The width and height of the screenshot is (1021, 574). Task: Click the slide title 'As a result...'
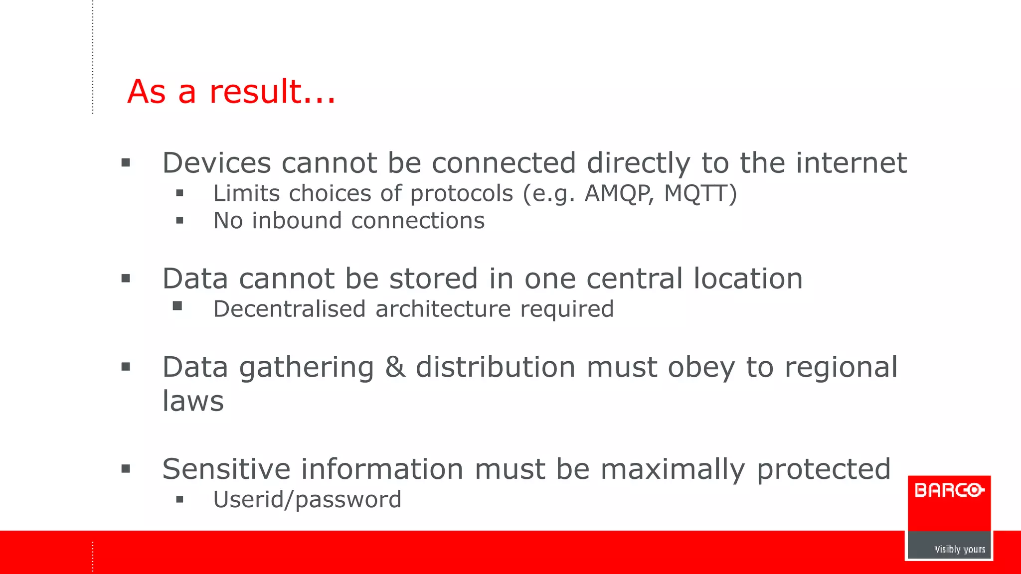(x=231, y=92)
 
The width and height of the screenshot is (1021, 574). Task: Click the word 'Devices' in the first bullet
(x=216, y=163)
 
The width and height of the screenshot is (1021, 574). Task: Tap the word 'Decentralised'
(x=290, y=309)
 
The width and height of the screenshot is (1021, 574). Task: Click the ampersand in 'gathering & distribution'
(x=395, y=367)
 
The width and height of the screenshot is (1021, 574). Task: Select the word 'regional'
(x=841, y=368)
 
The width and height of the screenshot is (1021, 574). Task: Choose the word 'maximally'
(x=673, y=470)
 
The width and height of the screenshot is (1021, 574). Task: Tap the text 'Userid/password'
(x=307, y=500)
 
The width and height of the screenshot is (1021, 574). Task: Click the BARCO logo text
(x=949, y=491)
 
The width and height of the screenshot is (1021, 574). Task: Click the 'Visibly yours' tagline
(x=960, y=549)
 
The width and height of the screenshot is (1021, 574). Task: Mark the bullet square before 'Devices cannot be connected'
(x=126, y=162)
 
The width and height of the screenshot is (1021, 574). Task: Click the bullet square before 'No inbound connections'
(x=180, y=220)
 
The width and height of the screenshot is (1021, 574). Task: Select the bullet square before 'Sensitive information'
(x=126, y=468)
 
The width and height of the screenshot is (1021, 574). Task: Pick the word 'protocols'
(x=461, y=194)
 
